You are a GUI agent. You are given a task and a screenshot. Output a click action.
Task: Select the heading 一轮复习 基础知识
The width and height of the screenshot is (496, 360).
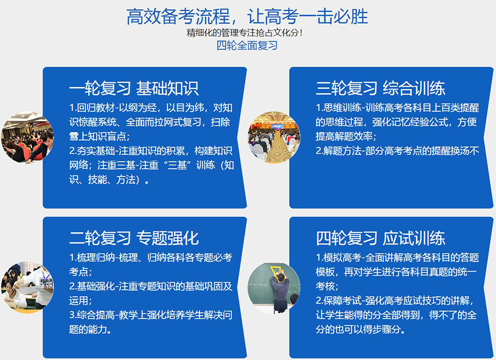click(133, 88)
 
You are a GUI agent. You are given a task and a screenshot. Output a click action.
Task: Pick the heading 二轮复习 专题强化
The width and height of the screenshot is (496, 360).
click(133, 238)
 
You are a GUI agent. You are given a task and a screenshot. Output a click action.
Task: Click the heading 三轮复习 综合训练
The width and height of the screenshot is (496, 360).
click(380, 88)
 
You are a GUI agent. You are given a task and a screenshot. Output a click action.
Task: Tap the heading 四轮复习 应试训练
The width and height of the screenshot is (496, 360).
click(380, 238)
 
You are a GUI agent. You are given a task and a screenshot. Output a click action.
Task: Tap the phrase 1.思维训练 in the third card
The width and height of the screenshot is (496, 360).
click(337, 108)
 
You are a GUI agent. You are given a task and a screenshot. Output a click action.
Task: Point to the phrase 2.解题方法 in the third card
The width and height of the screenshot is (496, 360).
click(337, 151)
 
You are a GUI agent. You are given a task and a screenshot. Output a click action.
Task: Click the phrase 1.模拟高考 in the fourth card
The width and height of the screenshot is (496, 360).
click(337, 257)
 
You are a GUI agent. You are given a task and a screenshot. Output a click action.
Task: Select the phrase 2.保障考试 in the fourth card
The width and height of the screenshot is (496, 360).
click(337, 300)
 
